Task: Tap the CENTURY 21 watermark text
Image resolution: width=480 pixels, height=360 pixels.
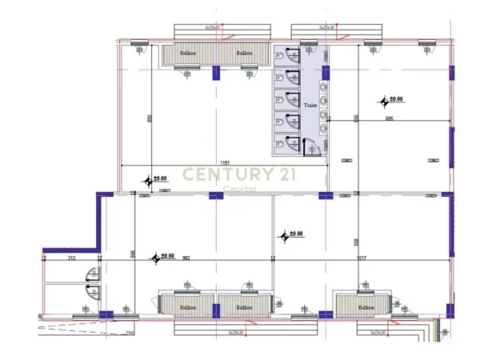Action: click(x=239, y=174)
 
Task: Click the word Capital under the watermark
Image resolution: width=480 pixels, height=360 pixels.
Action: click(x=239, y=188)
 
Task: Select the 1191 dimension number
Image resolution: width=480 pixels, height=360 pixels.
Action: click(x=226, y=162)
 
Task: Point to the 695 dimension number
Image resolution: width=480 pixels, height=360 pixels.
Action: click(x=389, y=118)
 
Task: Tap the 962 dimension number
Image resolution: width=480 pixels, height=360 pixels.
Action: click(x=186, y=258)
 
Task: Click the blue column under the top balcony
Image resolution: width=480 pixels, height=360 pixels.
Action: click(x=215, y=73)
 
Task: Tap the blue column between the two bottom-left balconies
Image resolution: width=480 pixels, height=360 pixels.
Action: click(x=215, y=309)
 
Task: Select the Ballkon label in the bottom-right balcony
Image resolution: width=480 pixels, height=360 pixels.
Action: click(x=366, y=307)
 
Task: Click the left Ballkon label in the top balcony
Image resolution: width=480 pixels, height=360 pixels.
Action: click(x=188, y=54)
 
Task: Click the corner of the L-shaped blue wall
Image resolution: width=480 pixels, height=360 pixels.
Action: click(x=101, y=196)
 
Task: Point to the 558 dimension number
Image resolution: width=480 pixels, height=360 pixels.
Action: click(x=355, y=242)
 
